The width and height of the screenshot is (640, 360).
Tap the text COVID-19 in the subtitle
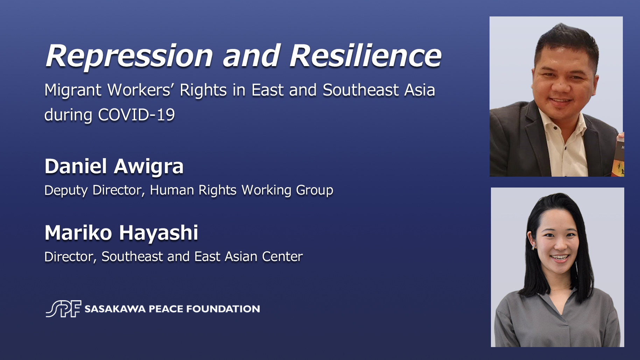[x=136, y=115]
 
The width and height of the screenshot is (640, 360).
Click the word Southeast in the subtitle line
[x=361, y=90]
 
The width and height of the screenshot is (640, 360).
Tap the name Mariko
[x=78, y=233]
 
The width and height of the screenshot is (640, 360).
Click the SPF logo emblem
[x=63, y=309]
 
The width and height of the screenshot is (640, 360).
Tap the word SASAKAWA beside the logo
[x=115, y=309]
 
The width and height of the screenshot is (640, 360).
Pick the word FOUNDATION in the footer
[x=223, y=309]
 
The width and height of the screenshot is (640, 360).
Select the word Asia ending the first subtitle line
[x=420, y=90]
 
